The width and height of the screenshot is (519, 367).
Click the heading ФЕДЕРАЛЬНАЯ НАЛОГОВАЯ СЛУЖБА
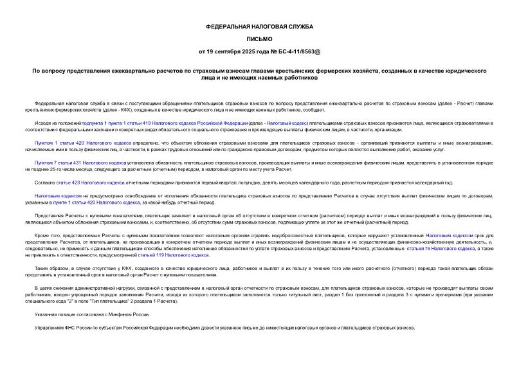pos(259,26)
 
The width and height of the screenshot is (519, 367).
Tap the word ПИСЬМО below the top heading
pos(259,39)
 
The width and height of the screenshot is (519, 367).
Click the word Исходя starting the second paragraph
pos(43,121)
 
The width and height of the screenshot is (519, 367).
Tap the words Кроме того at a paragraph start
pos(46,237)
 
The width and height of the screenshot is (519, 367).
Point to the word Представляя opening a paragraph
pos(50,215)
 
